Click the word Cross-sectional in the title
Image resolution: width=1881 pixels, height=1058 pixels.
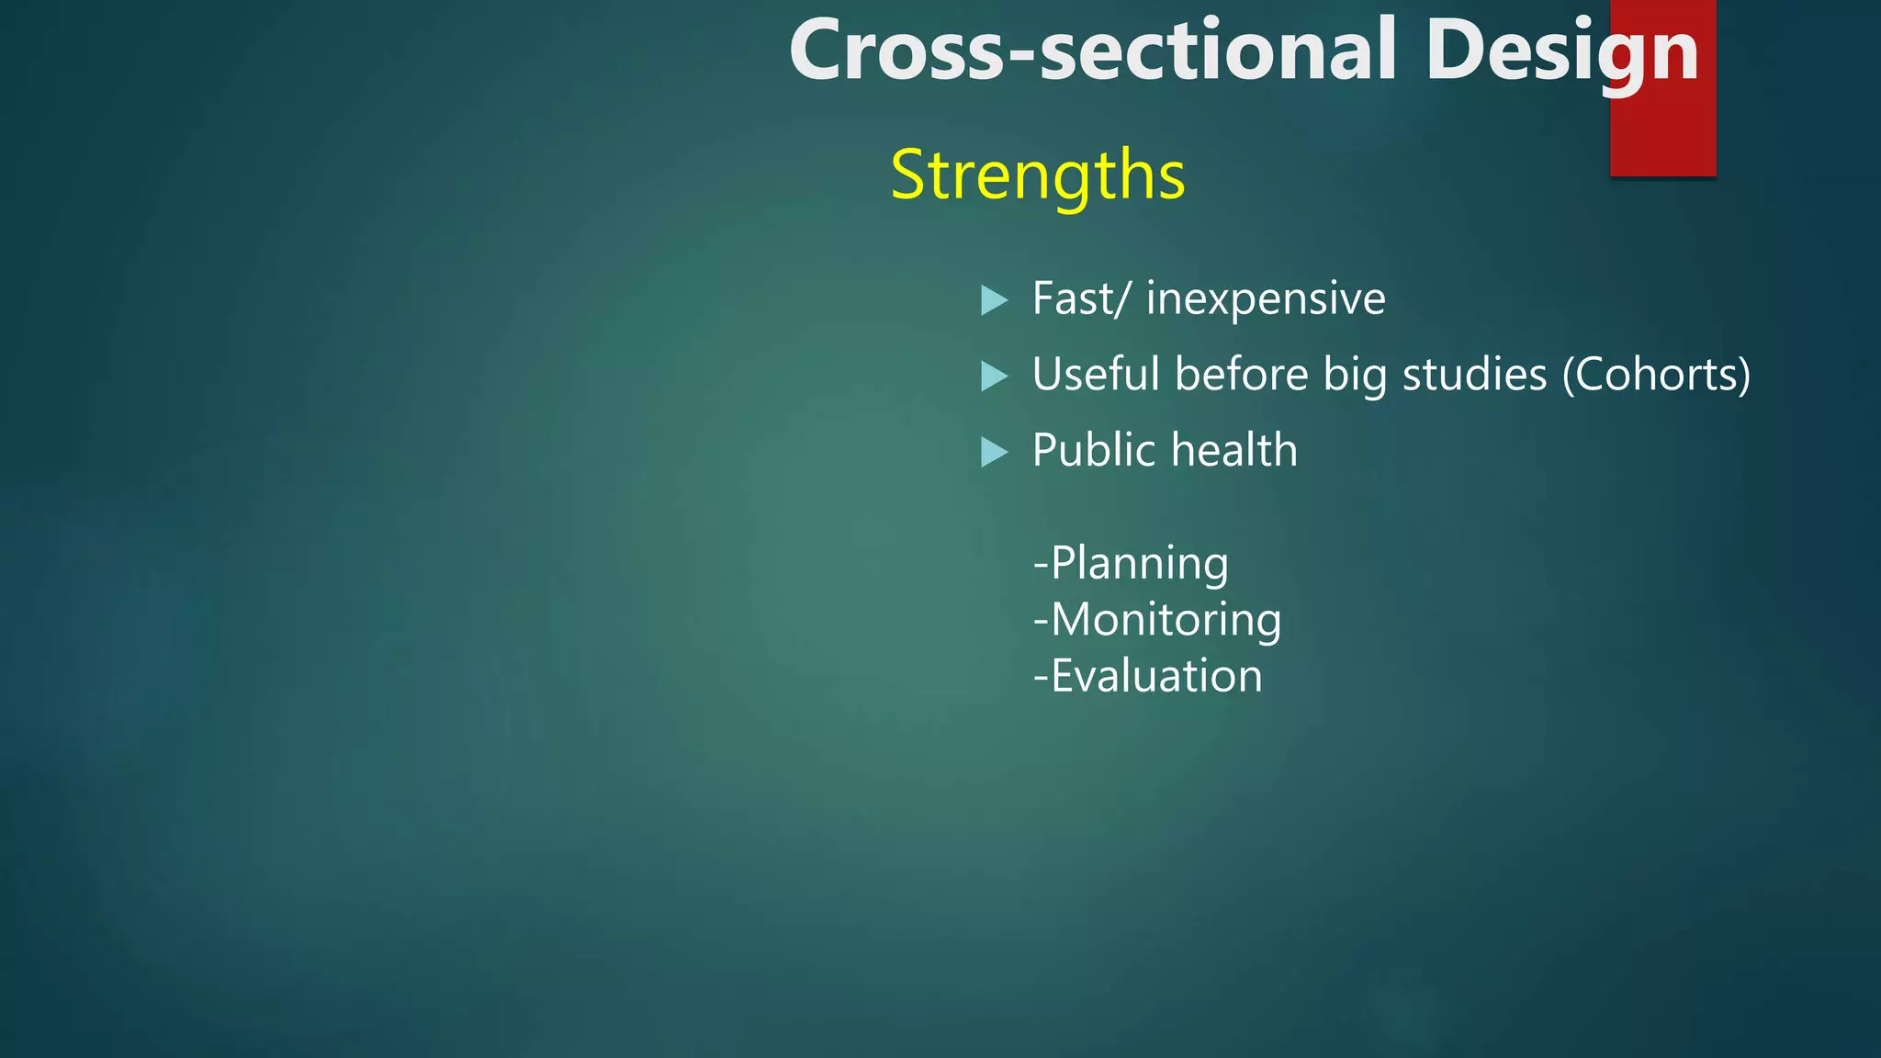coord(1091,51)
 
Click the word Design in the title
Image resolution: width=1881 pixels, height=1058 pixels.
coord(1560,51)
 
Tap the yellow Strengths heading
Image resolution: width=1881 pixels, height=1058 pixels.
coord(1038,174)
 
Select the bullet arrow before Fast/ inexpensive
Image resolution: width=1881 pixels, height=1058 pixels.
coord(994,300)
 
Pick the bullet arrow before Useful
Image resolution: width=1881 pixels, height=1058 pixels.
coord(994,376)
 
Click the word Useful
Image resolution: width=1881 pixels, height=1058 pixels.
coord(1097,375)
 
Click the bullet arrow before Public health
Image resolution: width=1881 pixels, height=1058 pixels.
coord(994,452)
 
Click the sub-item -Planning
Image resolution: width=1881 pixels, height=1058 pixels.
coord(1131,563)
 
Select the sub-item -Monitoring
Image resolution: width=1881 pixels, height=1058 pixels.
coord(1157,620)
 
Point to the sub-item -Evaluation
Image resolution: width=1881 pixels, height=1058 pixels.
coord(1147,676)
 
